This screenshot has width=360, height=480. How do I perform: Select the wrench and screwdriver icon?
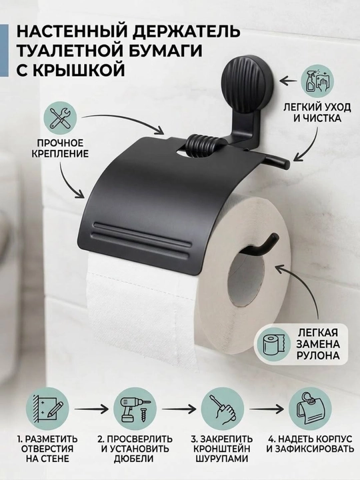click(60, 119)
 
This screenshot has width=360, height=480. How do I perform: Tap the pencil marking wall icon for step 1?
click(47, 409)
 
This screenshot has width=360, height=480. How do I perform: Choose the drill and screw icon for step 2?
click(135, 409)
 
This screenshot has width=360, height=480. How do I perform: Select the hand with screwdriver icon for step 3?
click(223, 409)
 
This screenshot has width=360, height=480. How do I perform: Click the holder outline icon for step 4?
click(311, 409)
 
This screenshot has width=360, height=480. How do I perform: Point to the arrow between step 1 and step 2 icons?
click(91, 409)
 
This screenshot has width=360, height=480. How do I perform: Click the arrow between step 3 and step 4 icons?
click(267, 409)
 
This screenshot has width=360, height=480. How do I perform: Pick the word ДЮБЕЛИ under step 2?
click(135, 459)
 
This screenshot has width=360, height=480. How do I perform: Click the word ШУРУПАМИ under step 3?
click(223, 459)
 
